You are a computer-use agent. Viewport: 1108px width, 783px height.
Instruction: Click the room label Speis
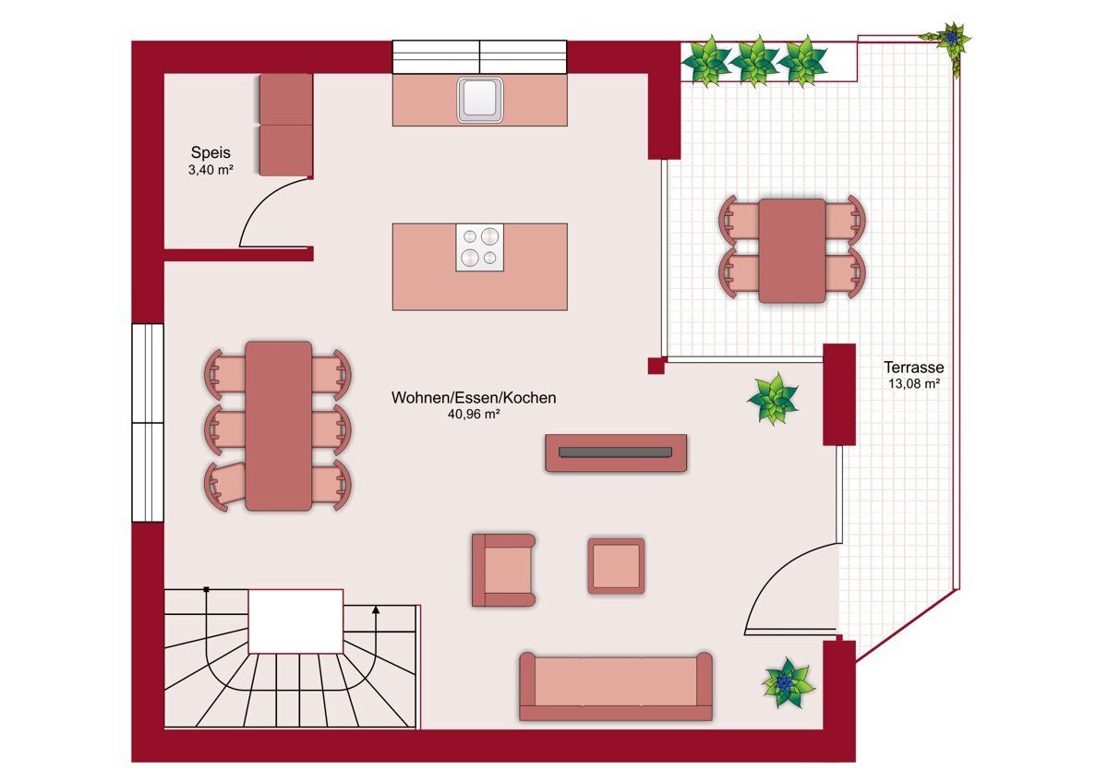(x=211, y=153)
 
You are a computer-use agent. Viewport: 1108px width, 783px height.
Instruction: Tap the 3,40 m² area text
(x=211, y=170)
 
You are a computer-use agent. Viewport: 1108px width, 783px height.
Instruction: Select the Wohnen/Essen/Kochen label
(x=474, y=398)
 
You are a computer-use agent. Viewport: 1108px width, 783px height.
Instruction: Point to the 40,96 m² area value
(x=474, y=415)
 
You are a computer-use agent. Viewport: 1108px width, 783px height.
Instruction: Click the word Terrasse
(x=913, y=367)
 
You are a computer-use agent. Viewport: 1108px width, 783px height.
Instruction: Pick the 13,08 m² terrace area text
(x=913, y=383)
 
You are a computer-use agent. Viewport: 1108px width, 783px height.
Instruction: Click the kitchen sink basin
(x=480, y=100)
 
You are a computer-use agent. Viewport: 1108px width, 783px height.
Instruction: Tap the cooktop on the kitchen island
(x=480, y=247)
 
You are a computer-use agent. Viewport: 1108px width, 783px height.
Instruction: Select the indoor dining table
(x=279, y=426)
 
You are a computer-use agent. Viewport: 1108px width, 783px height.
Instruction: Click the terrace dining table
(x=792, y=251)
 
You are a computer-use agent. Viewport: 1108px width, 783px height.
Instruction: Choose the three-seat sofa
(x=616, y=687)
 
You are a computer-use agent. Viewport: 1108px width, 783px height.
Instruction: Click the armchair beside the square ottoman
(x=503, y=571)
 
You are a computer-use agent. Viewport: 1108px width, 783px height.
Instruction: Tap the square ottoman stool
(x=616, y=566)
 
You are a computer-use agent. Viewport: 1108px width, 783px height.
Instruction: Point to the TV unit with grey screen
(x=616, y=453)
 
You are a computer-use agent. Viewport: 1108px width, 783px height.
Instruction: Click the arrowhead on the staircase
(x=376, y=610)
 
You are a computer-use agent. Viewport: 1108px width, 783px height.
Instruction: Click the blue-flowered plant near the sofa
(x=787, y=682)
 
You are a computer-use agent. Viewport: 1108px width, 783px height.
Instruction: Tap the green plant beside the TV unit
(x=773, y=399)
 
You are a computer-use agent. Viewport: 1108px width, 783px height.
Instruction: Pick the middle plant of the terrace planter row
(x=755, y=61)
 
